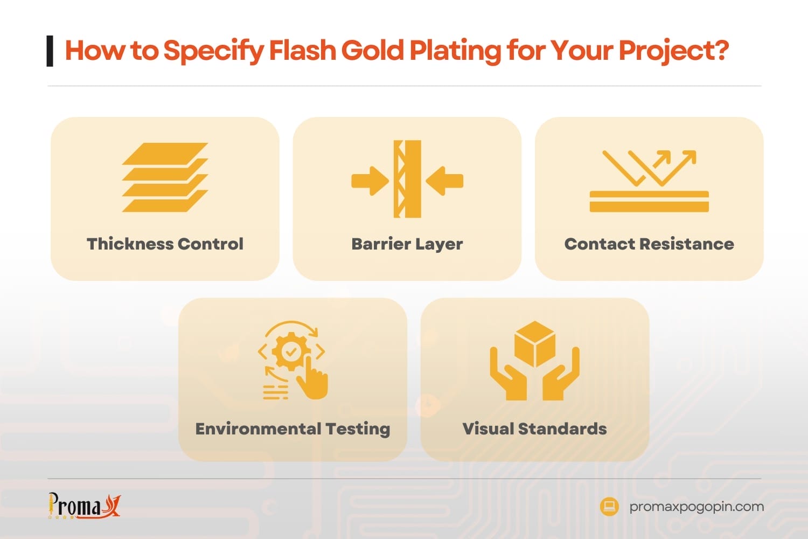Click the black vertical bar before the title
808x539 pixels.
pyautogui.click(x=50, y=51)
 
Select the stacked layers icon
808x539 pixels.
pyautogui.click(x=165, y=177)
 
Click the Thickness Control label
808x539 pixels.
pyautogui.click(x=165, y=244)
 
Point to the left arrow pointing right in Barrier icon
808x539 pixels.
pyautogui.click(x=370, y=181)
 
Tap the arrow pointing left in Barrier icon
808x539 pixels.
pyautogui.click(x=445, y=181)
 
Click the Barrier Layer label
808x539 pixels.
pyautogui.click(x=407, y=244)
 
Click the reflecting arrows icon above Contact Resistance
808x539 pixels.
pyautogui.click(x=649, y=168)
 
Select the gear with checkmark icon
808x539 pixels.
pyautogui.click(x=291, y=351)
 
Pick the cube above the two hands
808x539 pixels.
pyautogui.click(x=535, y=343)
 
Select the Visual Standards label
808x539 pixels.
pyautogui.click(x=534, y=429)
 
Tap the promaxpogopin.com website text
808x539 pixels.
pyautogui.click(x=696, y=507)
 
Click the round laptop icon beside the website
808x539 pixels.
pyautogui.click(x=609, y=507)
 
